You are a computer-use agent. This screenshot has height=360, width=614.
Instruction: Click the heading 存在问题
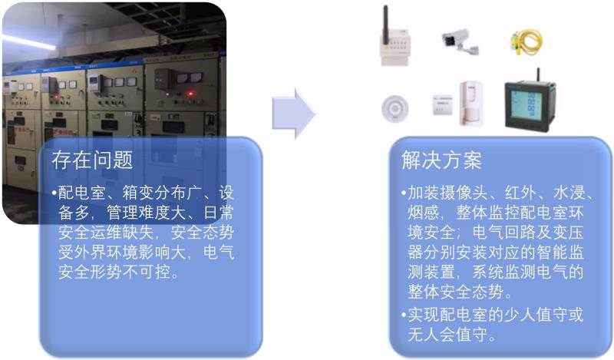tap(92, 160)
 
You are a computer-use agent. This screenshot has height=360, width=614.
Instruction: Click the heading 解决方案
tap(441, 160)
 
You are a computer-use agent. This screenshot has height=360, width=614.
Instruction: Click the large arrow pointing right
tap(294, 113)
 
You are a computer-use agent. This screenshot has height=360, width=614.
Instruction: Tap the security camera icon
tap(460, 41)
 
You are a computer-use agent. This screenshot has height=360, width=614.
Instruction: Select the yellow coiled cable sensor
tap(527, 41)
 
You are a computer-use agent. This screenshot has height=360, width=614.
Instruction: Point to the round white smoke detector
tap(395, 108)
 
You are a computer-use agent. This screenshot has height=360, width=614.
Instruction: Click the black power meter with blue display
tap(530, 104)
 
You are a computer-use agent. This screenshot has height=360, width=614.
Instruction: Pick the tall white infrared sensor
tap(472, 103)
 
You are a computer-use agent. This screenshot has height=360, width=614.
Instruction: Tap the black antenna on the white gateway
tap(386, 25)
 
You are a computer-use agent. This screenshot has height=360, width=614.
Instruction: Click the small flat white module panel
tap(443, 105)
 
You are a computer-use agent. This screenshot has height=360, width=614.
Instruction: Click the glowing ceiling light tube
tap(28, 42)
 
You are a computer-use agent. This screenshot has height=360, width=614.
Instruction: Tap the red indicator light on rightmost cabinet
tap(190, 94)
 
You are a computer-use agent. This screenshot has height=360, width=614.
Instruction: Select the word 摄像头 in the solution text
tap(464, 193)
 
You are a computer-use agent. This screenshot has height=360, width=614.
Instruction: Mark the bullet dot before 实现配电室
tap(404, 315)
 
